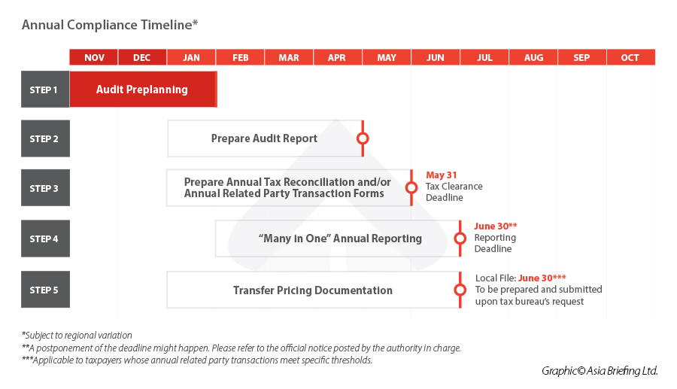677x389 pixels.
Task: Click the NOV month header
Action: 94,57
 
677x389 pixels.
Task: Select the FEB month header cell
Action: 241,57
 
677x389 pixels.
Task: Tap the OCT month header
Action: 630,57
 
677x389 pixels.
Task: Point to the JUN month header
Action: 436,57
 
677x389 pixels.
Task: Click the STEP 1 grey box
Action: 44,90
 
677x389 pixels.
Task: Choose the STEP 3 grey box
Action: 44,188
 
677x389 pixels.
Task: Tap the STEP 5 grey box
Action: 44,290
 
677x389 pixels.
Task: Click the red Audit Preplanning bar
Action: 142,90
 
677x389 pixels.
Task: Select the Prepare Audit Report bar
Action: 264,138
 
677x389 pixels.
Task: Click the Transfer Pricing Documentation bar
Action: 312,290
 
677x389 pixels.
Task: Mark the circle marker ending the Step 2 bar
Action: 363,138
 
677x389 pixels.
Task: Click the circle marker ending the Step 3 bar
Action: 411,188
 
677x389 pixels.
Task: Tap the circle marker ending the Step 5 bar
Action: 460,290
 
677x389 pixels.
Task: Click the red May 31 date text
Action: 442,175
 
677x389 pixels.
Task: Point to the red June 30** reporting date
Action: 496,226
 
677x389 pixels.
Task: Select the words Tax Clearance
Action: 454,187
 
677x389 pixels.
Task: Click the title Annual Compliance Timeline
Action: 110,25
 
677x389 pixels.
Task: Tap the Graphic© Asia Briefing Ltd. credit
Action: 600,370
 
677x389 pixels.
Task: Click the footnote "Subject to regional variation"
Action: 77,336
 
